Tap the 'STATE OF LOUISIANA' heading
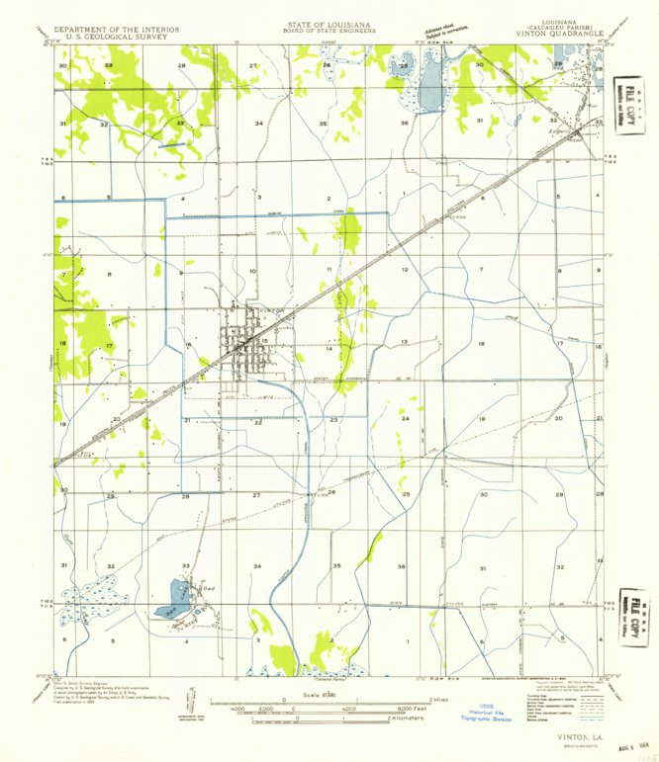point(329,21)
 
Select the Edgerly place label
point(562,130)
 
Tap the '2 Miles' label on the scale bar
point(436,699)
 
